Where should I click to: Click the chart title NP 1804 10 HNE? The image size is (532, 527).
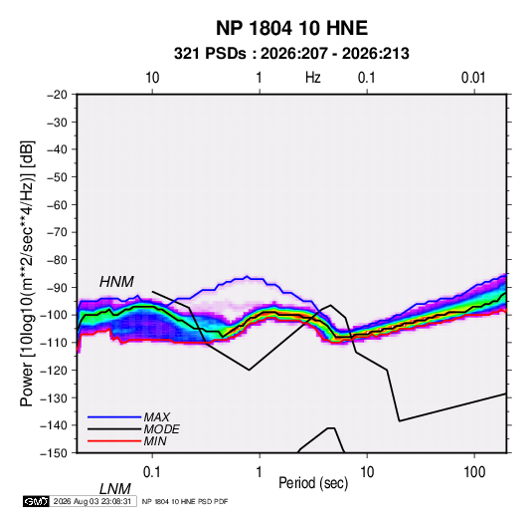click(291, 28)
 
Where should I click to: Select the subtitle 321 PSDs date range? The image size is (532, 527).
click(291, 54)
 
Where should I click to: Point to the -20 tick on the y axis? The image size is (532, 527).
click(57, 95)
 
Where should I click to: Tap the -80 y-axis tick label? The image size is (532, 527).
click(57, 260)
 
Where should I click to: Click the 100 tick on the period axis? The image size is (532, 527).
click(474, 472)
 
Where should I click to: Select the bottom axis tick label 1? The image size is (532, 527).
click(260, 472)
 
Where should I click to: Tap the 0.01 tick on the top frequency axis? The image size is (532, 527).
click(473, 78)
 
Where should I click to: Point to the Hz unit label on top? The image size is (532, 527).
click(313, 78)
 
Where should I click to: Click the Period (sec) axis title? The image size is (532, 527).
click(313, 483)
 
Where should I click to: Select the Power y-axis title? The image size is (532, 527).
click(27, 273)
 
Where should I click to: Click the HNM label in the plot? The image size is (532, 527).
click(116, 282)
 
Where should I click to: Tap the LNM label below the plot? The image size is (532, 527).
click(115, 489)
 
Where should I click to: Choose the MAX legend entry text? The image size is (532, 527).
click(157, 416)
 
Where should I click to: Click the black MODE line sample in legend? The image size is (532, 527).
click(114, 429)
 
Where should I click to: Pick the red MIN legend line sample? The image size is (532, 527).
click(114, 441)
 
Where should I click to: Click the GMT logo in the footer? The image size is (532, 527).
click(37, 501)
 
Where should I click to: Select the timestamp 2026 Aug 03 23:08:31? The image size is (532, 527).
click(92, 501)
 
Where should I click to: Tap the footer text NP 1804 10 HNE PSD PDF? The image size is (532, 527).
click(185, 501)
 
